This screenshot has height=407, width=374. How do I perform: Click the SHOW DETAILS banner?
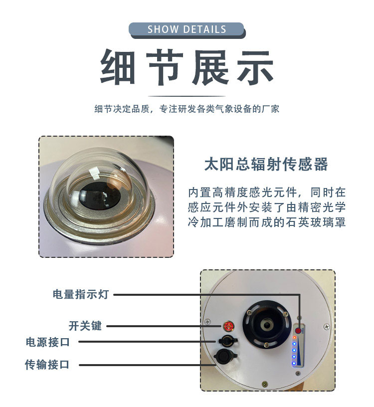(x=187, y=30)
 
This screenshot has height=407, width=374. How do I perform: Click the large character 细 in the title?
(x=118, y=67)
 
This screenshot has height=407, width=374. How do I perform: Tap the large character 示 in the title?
(x=255, y=67)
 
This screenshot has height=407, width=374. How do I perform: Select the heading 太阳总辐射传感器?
(x=266, y=164)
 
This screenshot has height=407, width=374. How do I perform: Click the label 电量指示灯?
(x=80, y=294)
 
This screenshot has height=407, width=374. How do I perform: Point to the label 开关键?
(x=85, y=326)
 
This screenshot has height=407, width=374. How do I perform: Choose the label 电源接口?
(x=48, y=342)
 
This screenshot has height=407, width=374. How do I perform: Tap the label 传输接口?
(x=47, y=365)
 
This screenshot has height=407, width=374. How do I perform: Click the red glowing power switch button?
(x=229, y=326)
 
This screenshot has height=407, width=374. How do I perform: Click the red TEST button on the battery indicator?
(x=298, y=331)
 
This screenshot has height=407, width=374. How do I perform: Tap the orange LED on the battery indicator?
(x=294, y=338)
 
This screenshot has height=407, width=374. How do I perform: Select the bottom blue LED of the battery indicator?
(x=294, y=364)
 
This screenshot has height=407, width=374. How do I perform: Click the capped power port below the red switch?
(x=227, y=340)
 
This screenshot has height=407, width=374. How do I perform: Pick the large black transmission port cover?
(x=224, y=356)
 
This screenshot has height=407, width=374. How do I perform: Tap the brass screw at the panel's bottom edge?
(x=265, y=383)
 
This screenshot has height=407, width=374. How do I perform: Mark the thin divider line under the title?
(x=187, y=96)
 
